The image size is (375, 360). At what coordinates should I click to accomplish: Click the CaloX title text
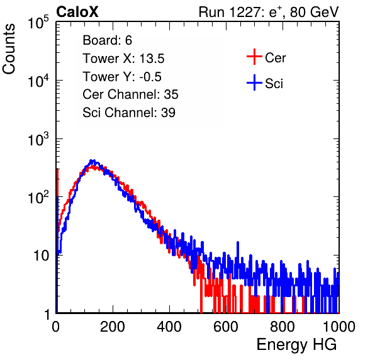[77, 12]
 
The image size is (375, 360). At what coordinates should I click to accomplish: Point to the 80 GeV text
[314, 12]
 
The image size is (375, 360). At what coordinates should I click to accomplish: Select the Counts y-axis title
[9, 49]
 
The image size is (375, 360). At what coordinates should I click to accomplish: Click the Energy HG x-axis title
[296, 345]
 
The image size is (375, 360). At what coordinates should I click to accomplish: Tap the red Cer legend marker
[254, 57]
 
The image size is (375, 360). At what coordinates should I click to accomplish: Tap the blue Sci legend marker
[254, 82]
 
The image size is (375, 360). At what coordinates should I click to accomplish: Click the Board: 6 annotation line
[107, 40]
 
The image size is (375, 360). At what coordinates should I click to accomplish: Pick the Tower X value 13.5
[152, 59]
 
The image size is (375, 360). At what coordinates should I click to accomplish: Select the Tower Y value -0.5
[150, 77]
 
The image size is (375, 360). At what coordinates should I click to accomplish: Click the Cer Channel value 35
[171, 94]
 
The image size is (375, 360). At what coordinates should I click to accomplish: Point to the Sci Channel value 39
[168, 113]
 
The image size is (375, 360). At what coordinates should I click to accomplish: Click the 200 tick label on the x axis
[113, 327]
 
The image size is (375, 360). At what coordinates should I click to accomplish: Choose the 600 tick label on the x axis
[226, 327]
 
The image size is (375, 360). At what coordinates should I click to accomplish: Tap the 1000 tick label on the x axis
[339, 327]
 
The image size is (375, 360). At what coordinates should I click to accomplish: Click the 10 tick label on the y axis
[42, 256]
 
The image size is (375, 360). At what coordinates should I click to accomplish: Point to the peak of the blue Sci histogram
[92, 161]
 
